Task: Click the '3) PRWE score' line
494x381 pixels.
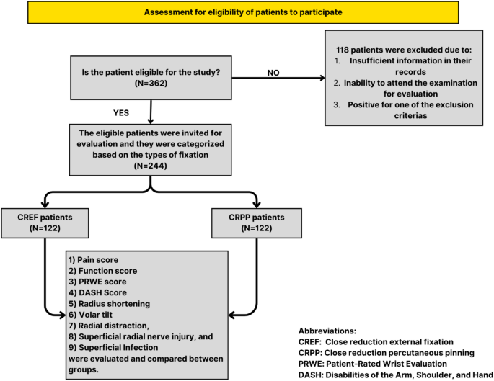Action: [x=97, y=282]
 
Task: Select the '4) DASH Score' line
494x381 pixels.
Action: [x=97, y=294]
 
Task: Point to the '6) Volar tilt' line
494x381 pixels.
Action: [x=92, y=317]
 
